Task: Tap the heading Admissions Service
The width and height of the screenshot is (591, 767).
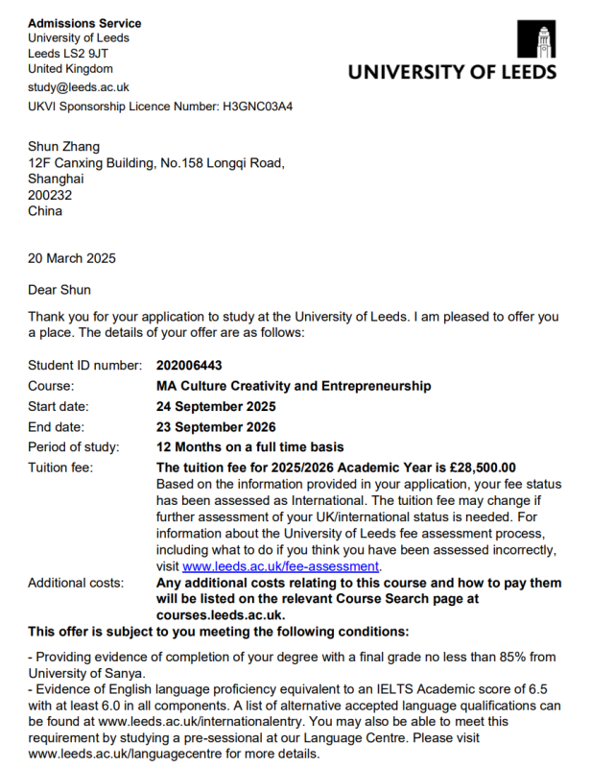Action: click(84, 23)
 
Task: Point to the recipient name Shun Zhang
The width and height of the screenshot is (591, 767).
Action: click(64, 145)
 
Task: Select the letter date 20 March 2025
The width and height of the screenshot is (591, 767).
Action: click(75, 259)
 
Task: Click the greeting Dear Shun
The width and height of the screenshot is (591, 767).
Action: click(60, 290)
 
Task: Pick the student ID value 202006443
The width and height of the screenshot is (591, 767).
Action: click(193, 366)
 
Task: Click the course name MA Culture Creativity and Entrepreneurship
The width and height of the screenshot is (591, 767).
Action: click(293, 386)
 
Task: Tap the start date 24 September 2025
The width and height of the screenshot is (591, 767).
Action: click(215, 406)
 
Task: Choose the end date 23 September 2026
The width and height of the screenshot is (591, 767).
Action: click(215, 426)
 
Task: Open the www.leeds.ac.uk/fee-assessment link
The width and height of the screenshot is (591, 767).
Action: click(281, 565)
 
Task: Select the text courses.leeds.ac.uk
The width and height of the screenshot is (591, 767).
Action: click(220, 614)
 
